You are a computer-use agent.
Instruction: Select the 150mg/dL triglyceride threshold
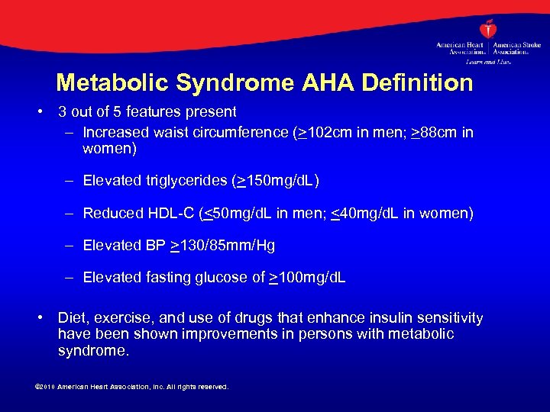pyautogui.click(x=282, y=181)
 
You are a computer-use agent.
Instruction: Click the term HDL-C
pyautogui.click(x=172, y=214)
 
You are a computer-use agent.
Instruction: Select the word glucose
pyautogui.click(x=224, y=278)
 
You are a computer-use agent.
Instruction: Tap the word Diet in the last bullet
pyautogui.click(x=73, y=318)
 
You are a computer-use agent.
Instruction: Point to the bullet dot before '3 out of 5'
pyautogui.click(x=39, y=112)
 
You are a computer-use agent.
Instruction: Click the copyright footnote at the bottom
pyautogui.click(x=132, y=387)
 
